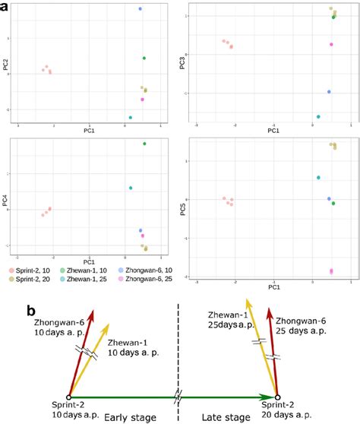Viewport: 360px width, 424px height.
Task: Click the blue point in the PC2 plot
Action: pyautogui.click(x=141, y=9)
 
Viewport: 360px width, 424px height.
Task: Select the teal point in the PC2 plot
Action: pyautogui.click(x=131, y=118)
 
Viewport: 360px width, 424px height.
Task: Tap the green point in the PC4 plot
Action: pyautogui.click(x=144, y=144)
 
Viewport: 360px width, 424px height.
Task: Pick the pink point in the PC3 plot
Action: pyautogui.click(x=331, y=45)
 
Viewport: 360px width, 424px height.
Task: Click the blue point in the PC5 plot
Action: pyautogui.click(x=329, y=198)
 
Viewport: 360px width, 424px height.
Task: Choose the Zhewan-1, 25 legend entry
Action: pyautogui.click(x=97, y=280)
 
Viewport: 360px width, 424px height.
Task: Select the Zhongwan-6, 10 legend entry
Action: pyautogui.click(x=157, y=270)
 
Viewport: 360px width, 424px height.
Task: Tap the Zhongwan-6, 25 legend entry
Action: pyautogui.click(x=157, y=280)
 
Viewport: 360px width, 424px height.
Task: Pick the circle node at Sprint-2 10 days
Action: pyautogui.click(x=69, y=397)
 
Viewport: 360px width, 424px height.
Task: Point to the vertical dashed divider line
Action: pyautogui.click(x=178, y=357)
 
